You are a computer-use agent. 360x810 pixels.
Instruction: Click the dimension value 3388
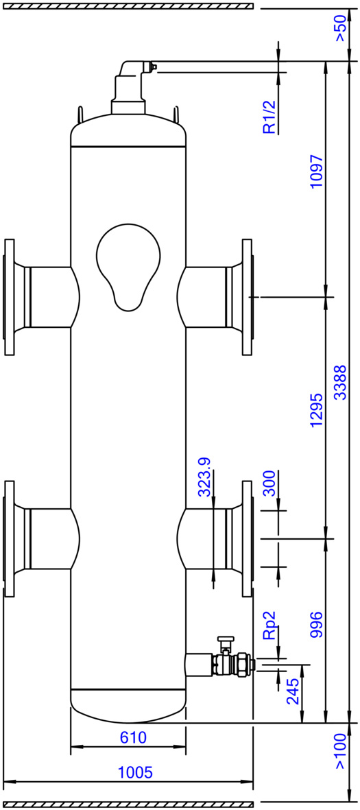(x=340, y=382)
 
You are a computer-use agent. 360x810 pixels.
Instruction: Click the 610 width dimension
(x=133, y=737)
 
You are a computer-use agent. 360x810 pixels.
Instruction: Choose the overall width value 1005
(x=135, y=773)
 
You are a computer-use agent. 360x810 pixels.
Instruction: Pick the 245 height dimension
(x=293, y=691)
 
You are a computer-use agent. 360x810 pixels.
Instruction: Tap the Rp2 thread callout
(x=270, y=626)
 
